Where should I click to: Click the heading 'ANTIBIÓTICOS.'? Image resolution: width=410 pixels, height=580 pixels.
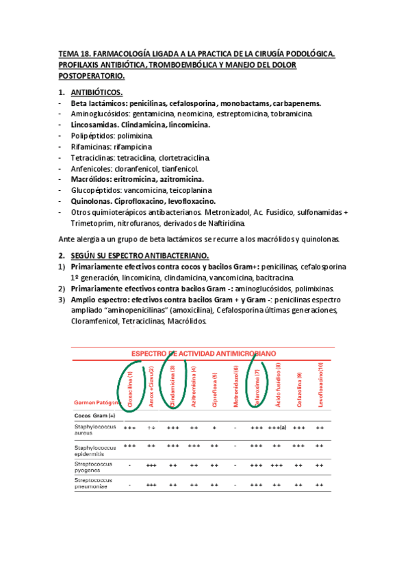(x=97, y=92)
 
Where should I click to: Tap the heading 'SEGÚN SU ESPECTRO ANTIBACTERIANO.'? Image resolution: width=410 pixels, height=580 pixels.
(x=138, y=254)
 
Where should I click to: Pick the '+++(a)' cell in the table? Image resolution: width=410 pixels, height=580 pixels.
(x=277, y=427)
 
